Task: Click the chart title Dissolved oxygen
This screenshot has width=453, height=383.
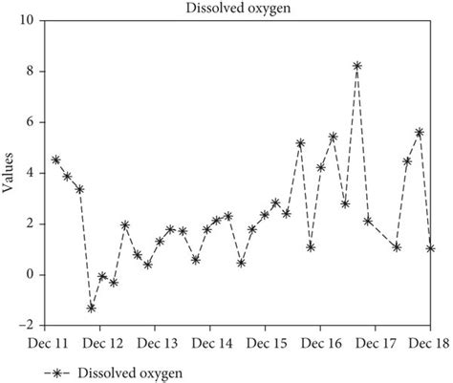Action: click(226, 9)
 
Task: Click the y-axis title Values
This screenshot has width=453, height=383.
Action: click(9, 174)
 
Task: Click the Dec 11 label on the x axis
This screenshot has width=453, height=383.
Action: click(49, 341)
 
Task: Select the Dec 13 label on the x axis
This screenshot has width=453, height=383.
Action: click(159, 341)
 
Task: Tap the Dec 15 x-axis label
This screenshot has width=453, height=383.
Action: click(268, 341)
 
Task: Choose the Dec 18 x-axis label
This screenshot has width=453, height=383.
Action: click(430, 341)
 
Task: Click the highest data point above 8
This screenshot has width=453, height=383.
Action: click(357, 66)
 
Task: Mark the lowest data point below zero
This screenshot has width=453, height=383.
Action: click(92, 308)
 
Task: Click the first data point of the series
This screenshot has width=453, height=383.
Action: click(55, 160)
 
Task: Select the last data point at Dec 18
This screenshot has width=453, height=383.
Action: click(431, 248)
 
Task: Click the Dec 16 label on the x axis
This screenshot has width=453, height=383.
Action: click(322, 341)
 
